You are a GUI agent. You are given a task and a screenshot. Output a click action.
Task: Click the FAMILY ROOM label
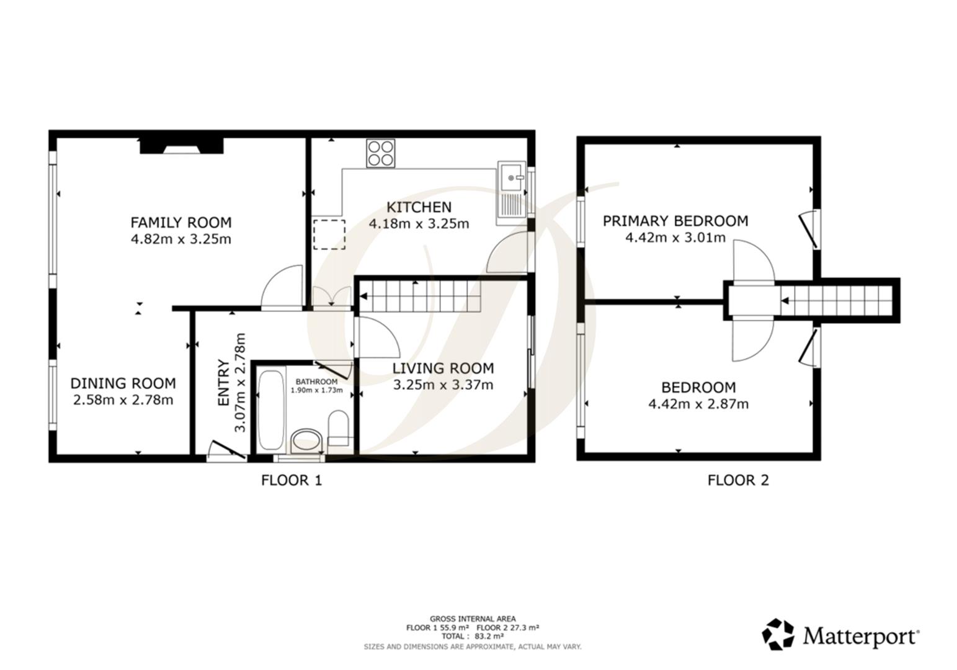point(180,222)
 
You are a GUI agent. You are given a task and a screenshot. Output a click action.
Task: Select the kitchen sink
point(512,193)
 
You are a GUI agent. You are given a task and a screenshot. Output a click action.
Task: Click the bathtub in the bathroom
point(270,410)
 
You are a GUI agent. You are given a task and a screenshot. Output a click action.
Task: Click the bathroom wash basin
point(306,441)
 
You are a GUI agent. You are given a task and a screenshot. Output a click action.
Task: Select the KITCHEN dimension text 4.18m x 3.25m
point(419,224)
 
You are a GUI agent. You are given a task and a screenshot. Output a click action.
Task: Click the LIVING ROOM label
point(443,368)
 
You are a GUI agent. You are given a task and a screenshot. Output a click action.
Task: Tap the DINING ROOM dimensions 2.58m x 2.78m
point(123,400)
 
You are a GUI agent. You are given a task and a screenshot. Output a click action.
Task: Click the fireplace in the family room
point(181,146)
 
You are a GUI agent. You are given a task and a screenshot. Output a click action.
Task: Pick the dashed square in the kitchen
point(329,234)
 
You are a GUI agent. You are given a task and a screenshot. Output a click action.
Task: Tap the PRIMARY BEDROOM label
point(675,221)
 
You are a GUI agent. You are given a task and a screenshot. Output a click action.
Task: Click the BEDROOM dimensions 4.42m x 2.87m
point(698,404)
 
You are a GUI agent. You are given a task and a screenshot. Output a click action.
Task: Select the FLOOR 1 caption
point(292,480)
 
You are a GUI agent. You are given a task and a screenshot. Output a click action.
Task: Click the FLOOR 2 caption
point(738,480)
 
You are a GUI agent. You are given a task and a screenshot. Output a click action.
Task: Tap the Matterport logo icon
point(778,635)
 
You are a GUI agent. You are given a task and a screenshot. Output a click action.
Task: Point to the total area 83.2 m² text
point(472,636)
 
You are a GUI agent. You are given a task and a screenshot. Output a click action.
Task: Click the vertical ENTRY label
point(224,383)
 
